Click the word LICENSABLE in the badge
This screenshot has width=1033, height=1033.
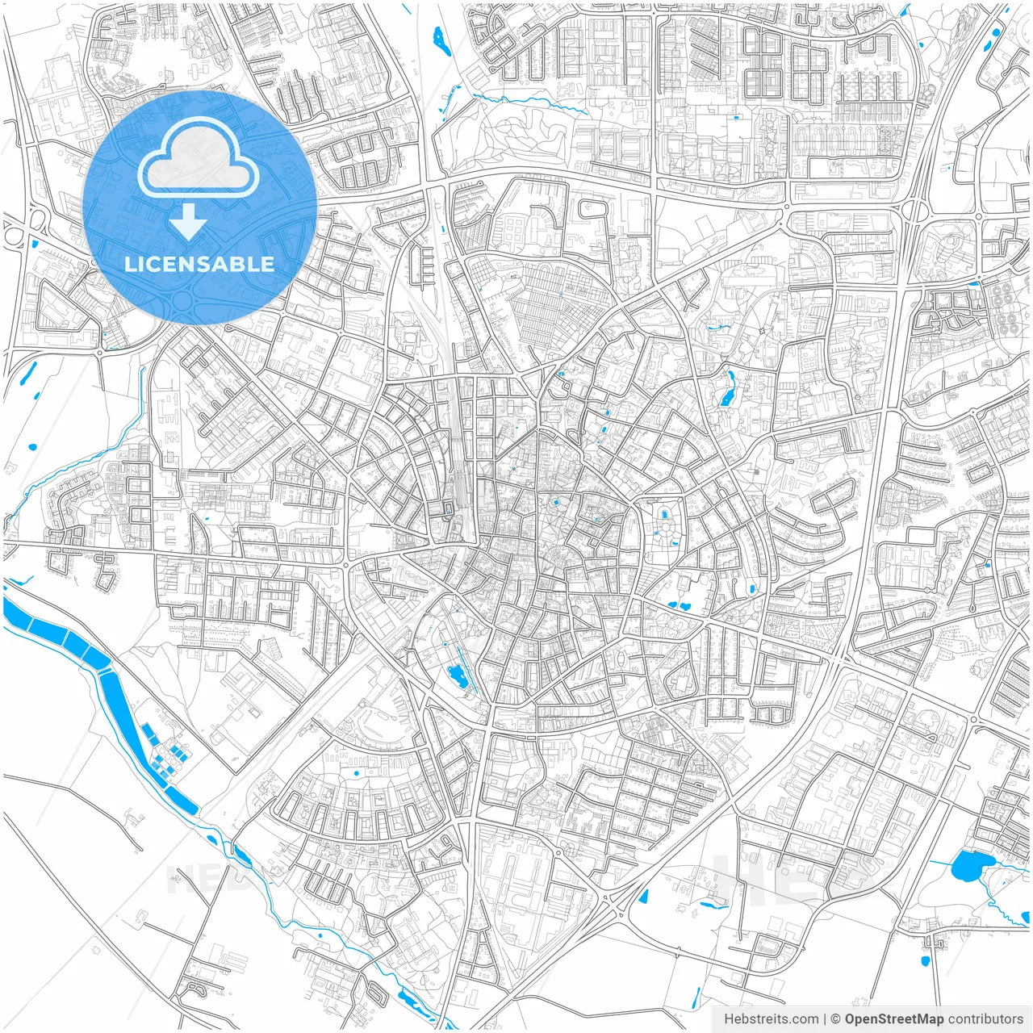[199, 264]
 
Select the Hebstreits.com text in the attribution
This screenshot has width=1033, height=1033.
[771, 1018]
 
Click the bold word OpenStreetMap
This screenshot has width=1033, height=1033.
[893, 1018]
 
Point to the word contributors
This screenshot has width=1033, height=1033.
[985, 1018]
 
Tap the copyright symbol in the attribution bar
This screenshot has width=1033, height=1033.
[836, 1018]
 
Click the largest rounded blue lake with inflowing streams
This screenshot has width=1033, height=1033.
[965, 866]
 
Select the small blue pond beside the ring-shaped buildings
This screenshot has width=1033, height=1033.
[974, 283]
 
